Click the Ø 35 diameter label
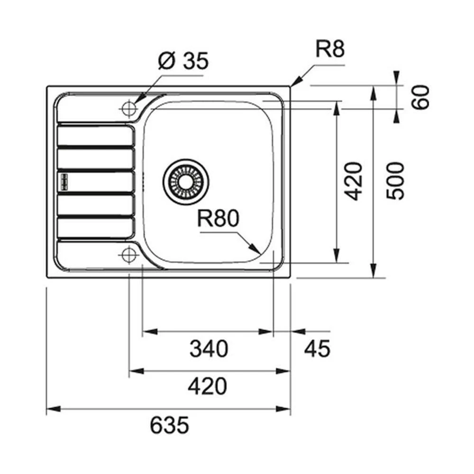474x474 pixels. click(x=183, y=62)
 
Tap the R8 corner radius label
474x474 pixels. click(x=330, y=49)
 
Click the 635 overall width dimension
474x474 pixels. click(x=169, y=425)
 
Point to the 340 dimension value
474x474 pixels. click(x=209, y=349)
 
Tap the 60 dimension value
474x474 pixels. click(x=420, y=97)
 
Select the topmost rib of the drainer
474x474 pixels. click(x=95, y=135)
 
